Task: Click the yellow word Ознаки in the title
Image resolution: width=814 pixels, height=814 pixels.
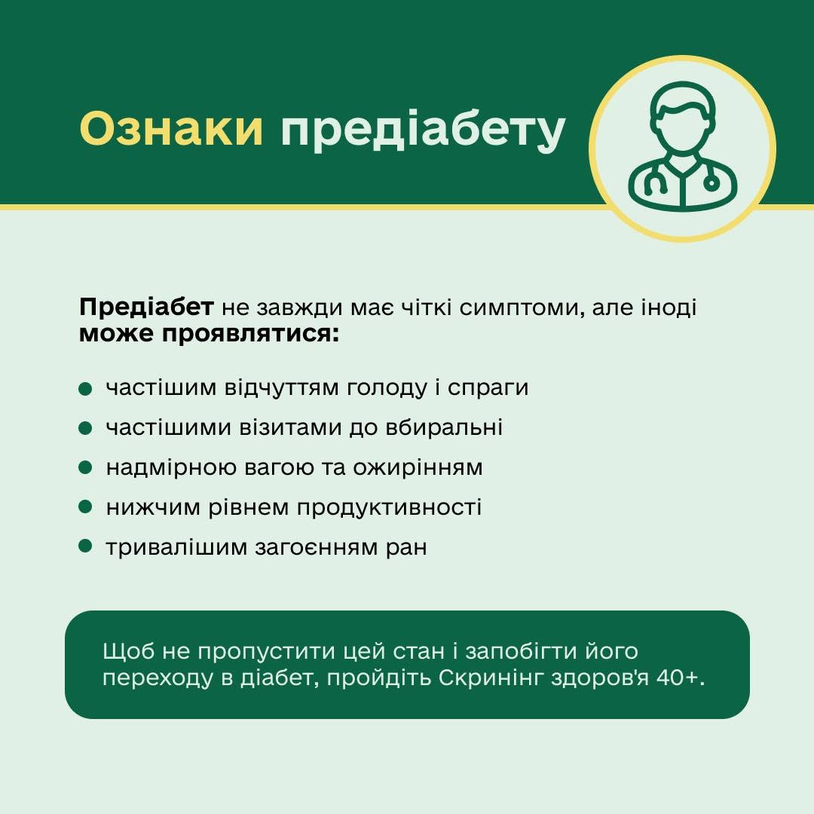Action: coord(171,128)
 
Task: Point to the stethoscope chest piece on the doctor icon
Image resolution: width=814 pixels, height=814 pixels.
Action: coord(711,182)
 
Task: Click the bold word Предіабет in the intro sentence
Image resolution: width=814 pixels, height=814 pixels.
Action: coord(146,308)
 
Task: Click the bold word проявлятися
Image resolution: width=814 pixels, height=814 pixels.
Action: coord(250,334)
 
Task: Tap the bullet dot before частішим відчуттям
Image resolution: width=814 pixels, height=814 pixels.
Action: coord(85,389)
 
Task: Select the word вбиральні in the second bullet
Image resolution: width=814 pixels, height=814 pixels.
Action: coord(444,427)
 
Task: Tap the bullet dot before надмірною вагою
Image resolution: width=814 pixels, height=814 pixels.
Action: coord(85,468)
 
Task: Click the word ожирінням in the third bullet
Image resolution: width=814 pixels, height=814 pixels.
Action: coord(418,468)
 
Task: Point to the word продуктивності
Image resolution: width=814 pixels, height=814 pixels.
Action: coord(390,508)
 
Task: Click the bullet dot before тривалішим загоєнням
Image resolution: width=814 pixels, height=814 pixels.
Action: coord(85,546)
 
